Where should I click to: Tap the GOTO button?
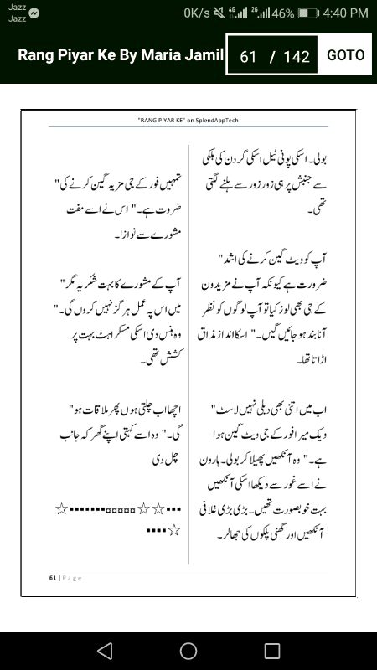pyautogui.click(x=345, y=55)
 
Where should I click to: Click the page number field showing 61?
pyautogui.click(x=248, y=57)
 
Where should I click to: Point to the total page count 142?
pyautogui.click(x=297, y=57)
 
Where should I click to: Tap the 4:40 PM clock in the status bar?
pyautogui.click(x=345, y=13)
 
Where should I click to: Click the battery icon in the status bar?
pyautogui.click(x=308, y=13)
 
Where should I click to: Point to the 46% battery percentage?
pyautogui.click(x=282, y=13)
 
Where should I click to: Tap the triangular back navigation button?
pyautogui.click(x=104, y=651)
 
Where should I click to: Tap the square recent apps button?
pyautogui.click(x=272, y=651)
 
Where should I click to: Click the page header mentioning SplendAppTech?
pyautogui.click(x=188, y=121)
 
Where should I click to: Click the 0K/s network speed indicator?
pyautogui.click(x=198, y=13)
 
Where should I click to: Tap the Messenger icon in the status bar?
pyautogui.click(x=34, y=13)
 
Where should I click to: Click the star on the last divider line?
pyautogui.click(x=173, y=529)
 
